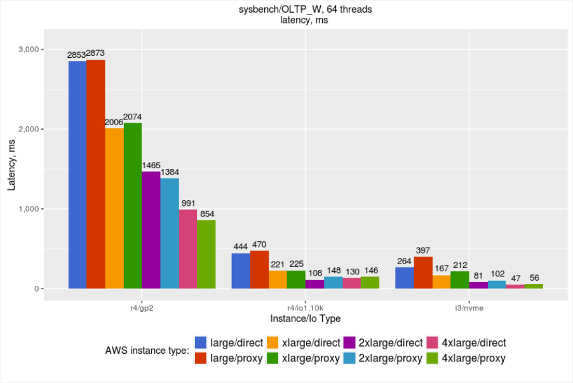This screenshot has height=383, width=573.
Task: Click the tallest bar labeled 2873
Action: (x=96, y=174)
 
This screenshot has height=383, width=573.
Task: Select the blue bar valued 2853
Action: (x=78, y=175)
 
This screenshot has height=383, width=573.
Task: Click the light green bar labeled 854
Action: (x=206, y=254)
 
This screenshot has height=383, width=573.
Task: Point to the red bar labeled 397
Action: (x=423, y=272)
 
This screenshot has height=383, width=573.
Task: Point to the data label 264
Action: (x=405, y=261)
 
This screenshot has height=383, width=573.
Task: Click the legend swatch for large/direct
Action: (x=201, y=343)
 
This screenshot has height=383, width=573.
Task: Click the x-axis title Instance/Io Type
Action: (x=306, y=318)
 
